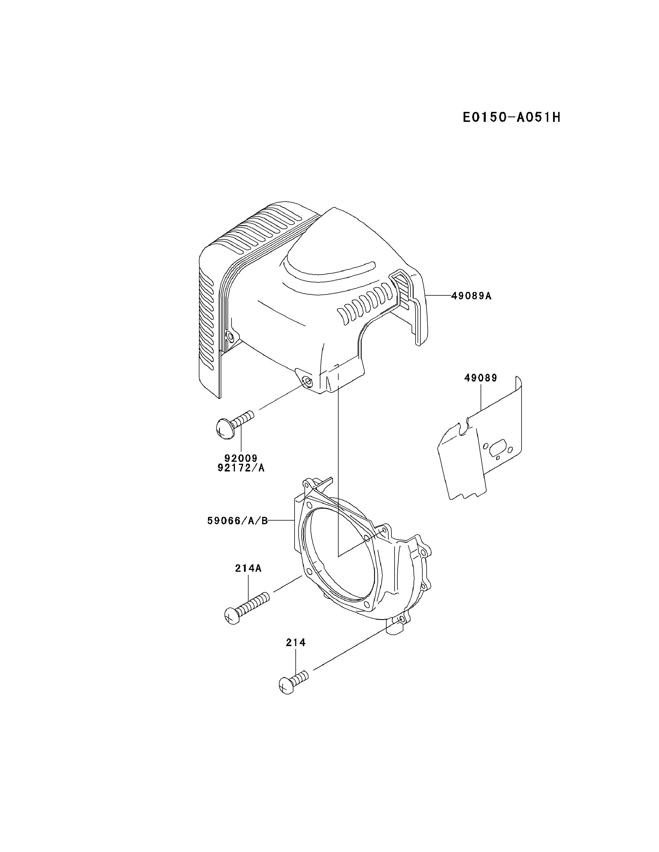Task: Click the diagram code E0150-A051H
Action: (511, 117)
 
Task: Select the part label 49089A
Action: (471, 296)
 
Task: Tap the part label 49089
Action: (481, 378)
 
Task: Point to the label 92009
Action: (241, 458)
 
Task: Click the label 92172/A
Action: (241, 468)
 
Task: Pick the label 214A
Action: (248, 568)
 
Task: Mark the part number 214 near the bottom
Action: (296, 642)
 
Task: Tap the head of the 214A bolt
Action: (233, 616)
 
